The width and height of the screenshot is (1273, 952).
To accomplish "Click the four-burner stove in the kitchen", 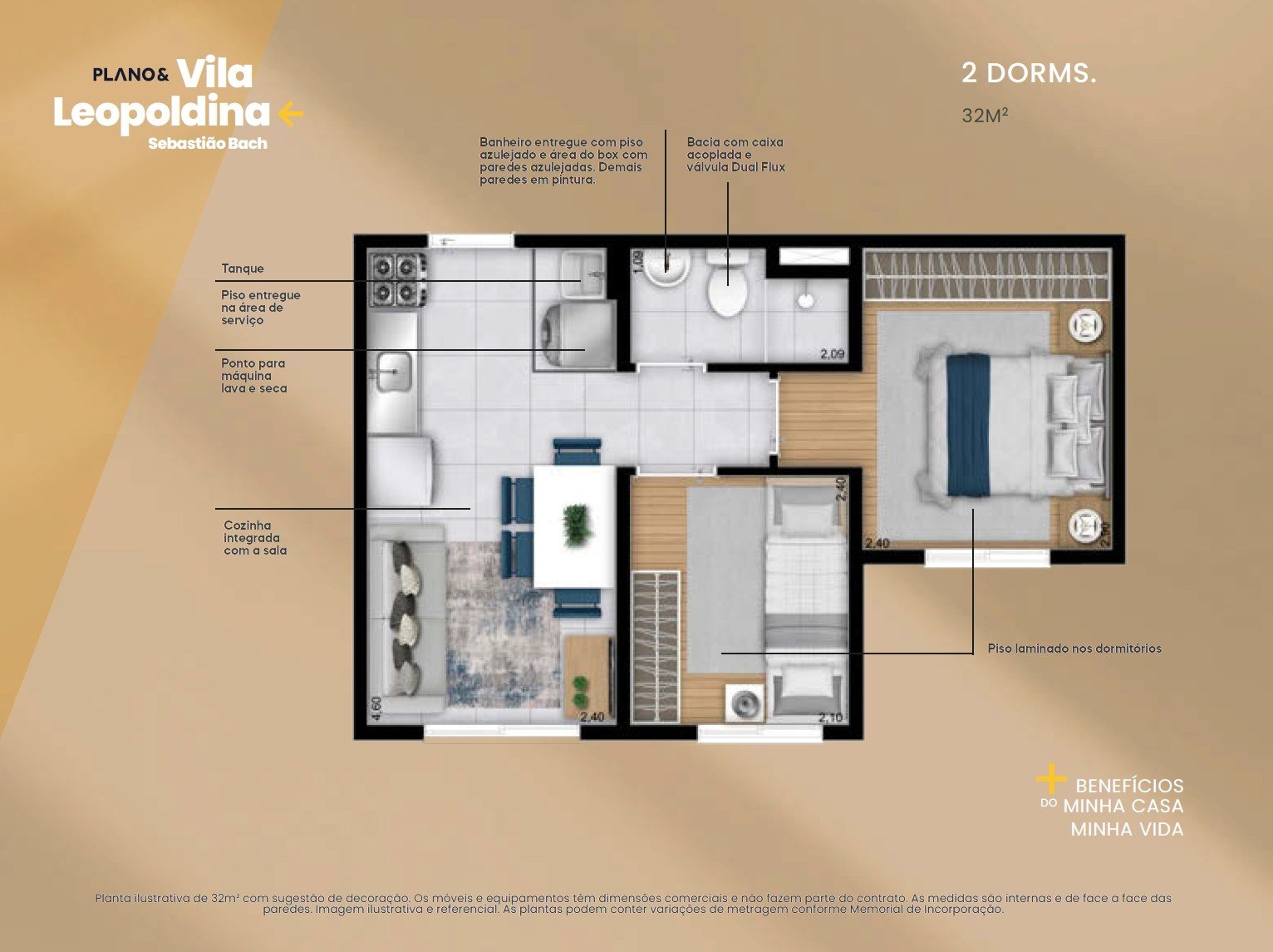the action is pos(399,279).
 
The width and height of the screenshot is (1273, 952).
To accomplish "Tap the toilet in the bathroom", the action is pos(728,283).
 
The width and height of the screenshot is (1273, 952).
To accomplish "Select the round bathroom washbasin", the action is pos(667,268).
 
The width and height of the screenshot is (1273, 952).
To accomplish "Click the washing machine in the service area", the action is pos(578,334).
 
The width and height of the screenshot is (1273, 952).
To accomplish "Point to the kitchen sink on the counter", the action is pos(395,372).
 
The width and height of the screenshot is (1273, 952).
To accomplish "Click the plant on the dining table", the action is pos(578,525).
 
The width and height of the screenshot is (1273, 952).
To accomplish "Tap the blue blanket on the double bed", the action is pos(968,425).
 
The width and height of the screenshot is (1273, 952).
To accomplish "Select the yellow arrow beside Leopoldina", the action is pos(291,114).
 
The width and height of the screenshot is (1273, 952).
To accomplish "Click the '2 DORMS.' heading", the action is pos(1029,74).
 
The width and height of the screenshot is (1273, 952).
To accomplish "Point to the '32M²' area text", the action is pos(985,116).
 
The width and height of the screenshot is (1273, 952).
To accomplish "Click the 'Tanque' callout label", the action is pos(243,269).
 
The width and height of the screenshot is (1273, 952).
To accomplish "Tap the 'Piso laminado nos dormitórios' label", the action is pos(1074,649).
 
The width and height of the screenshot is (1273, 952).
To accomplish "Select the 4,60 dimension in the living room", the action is pos(376,708).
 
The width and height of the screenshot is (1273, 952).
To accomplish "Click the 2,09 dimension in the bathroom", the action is pos(833,354).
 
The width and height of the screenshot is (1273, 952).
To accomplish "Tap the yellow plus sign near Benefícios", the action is pos(1051,779).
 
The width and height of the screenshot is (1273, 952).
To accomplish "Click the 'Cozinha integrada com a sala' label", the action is pos(255,538).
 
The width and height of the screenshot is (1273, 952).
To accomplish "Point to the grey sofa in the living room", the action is pos(407,619).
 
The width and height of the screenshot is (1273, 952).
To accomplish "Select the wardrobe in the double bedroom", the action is pos(987,274).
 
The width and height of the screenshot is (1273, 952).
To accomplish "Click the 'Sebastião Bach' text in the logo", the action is pos(208,143).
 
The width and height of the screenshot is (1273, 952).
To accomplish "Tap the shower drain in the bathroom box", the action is pos(805,300).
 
